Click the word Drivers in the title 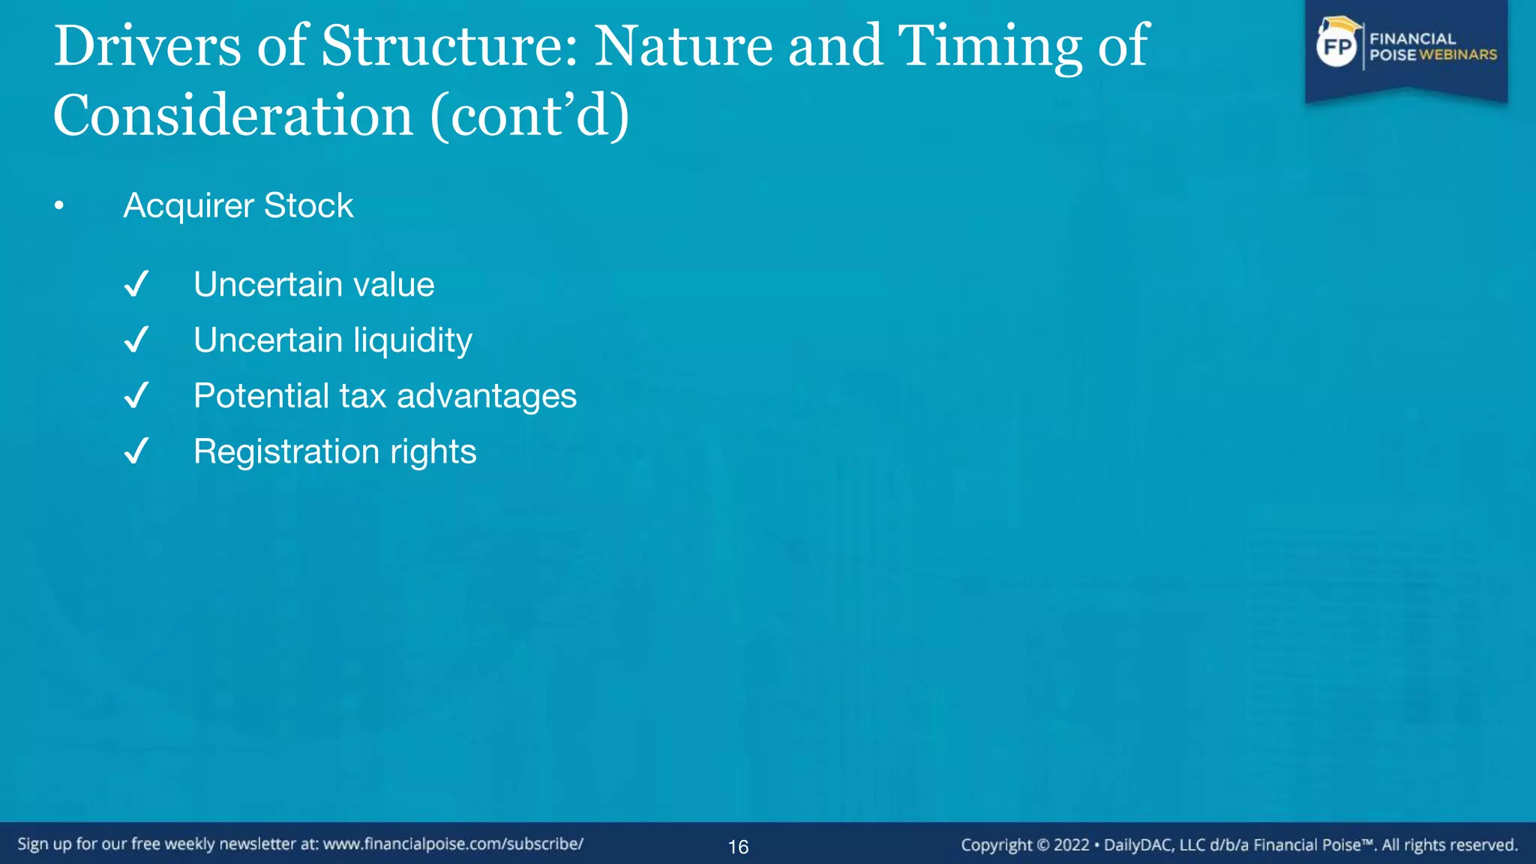point(147,46)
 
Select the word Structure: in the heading point(450,46)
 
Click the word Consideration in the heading point(232,117)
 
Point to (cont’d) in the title point(529,117)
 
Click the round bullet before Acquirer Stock point(59,205)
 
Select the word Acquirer point(188,205)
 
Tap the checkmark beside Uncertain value point(136,284)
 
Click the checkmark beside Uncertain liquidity point(136,340)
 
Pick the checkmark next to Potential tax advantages point(136,395)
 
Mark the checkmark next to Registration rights point(136,451)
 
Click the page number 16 point(738,847)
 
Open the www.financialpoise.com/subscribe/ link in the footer point(453,844)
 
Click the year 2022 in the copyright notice point(1071,845)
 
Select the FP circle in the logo point(1337,47)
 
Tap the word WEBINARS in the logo point(1457,55)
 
